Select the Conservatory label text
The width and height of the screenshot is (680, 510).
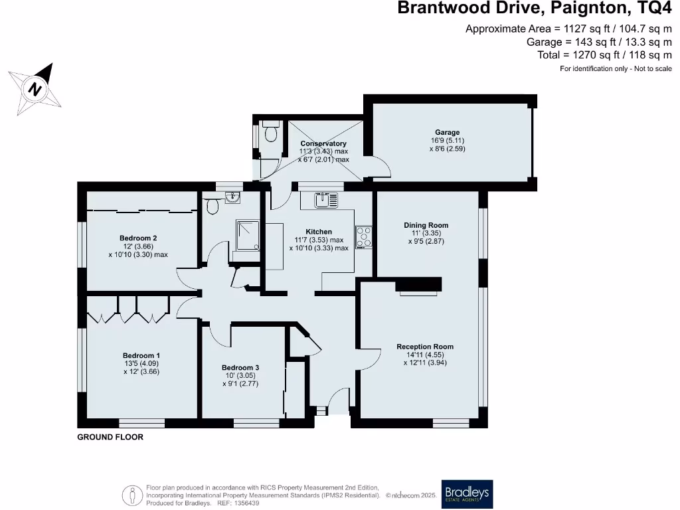tap(323, 143)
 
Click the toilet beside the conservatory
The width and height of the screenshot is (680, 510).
tap(270, 133)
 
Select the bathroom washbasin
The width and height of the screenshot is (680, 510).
tap(232, 197)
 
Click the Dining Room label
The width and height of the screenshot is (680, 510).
tap(426, 225)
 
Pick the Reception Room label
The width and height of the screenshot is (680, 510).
tap(425, 347)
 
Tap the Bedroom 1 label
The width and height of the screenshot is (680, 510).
tap(141, 356)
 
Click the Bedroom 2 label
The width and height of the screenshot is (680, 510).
tap(138, 238)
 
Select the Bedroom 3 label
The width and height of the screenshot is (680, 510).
tap(240, 368)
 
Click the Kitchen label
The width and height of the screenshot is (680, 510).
tap(319, 232)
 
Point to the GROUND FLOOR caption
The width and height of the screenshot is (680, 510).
tap(110, 438)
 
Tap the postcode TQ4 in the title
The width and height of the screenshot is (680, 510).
tap(657, 9)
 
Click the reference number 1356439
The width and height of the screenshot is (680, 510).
tap(243, 503)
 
